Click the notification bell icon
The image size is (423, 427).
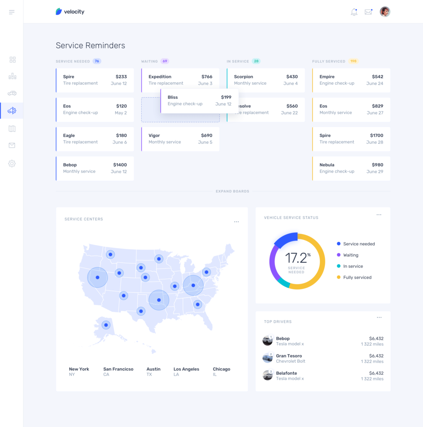click(354, 12)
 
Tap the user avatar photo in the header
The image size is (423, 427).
click(385, 12)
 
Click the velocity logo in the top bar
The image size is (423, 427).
click(70, 12)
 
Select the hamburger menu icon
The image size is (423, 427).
click(12, 12)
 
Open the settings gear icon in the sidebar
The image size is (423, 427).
click(12, 163)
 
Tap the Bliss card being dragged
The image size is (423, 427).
click(199, 100)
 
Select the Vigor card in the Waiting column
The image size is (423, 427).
click(180, 139)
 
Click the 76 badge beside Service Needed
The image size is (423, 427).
click(97, 61)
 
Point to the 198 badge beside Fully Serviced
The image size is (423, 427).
click(353, 61)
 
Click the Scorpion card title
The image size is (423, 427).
click(243, 77)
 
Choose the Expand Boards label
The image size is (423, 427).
click(232, 191)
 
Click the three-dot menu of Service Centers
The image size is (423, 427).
click(236, 222)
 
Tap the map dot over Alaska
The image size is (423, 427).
click(106, 325)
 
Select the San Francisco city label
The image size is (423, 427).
click(118, 369)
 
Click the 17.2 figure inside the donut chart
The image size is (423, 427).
click(296, 258)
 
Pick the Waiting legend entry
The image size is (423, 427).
click(350, 255)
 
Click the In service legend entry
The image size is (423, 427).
click(353, 266)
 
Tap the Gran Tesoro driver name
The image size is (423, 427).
click(289, 356)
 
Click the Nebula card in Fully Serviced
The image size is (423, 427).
click(351, 168)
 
